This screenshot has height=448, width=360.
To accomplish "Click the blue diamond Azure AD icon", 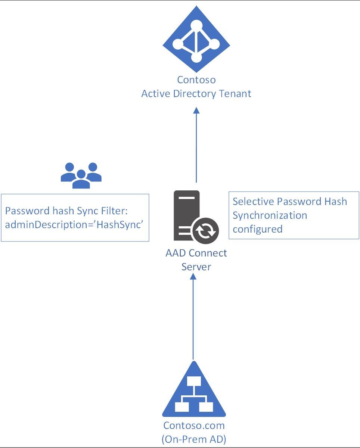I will pyautogui.click(x=196, y=40).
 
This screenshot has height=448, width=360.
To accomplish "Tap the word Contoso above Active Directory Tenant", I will pyautogui.click(x=196, y=80).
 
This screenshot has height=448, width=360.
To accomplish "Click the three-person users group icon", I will pyautogui.click(x=81, y=175).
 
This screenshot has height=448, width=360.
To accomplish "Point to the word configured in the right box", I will pyautogui.click(x=257, y=228).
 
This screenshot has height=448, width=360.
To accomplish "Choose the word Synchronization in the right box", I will pyautogui.click(x=270, y=215).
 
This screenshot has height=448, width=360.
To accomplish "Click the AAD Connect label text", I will pyautogui.click(x=196, y=253).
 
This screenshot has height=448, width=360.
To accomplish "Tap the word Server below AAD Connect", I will pyautogui.click(x=196, y=267).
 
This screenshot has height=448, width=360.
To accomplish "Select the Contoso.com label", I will pyautogui.click(x=194, y=426).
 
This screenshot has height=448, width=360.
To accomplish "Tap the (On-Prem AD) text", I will pyautogui.click(x=194, y=439).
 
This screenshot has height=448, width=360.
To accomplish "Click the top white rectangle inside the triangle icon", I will pyautogui.click(x=194, y=381).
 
